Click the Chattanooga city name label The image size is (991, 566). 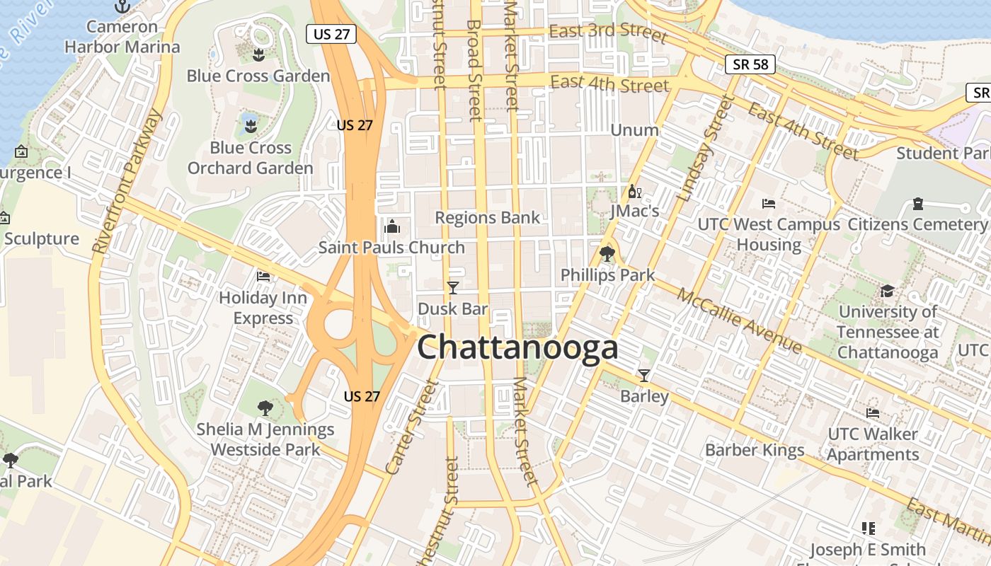coord(517,347)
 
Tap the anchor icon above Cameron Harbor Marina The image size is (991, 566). coord(123,6)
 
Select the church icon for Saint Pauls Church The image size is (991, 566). coord(391,226)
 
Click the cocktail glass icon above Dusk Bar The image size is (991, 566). coord(453,288)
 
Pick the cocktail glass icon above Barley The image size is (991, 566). coord(644,375)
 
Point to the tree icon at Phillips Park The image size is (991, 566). coord(607,254)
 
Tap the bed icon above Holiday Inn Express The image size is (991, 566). coord(263,277)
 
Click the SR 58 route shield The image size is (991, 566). coord(750,64)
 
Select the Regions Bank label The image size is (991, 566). coord(488,217)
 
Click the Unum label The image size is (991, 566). coord(634,130)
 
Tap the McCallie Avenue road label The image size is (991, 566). coord(740,320)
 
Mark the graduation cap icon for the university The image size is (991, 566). coord(887,291)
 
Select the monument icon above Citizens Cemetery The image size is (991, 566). coord(918,204)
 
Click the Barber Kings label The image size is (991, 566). coord(755,450)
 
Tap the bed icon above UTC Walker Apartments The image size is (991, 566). coord(872,413)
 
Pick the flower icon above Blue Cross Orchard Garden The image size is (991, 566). coord(249,127)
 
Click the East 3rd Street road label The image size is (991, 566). coord(608,32)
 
